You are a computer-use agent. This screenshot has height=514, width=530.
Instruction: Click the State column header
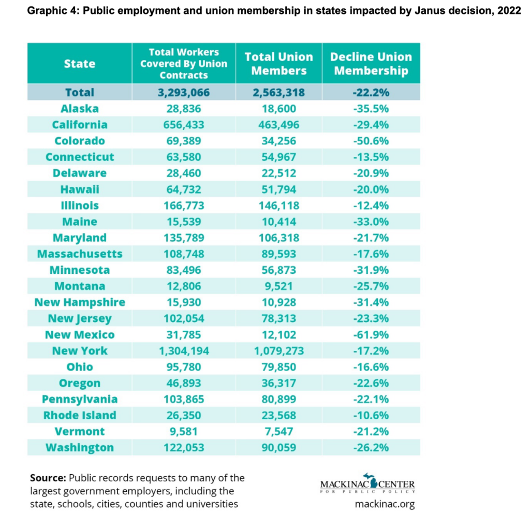click(80, 64)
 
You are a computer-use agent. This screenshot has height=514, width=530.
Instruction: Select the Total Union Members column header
click(278, 64)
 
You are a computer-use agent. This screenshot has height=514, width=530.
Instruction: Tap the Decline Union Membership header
click(371, 64)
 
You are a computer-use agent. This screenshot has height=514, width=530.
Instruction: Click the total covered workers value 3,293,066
click(184, 93)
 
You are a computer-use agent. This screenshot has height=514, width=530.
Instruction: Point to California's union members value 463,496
click(278, 125)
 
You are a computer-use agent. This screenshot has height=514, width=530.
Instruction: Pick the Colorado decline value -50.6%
click(371, 141)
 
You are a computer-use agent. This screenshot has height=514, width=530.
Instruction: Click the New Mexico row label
click(80, 334)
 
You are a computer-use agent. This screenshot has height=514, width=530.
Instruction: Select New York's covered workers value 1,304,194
click(184, 351)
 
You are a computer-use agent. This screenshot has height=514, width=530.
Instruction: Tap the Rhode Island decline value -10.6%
click(371, 415)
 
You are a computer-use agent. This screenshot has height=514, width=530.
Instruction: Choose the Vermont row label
click(80, 431)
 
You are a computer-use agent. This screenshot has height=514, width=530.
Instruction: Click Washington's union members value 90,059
click(278, 448)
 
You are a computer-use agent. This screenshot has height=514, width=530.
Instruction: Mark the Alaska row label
click(80, 109)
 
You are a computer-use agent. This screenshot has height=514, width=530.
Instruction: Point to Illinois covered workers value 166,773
click(184, 205)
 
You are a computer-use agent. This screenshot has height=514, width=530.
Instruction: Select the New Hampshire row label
click(80, 302)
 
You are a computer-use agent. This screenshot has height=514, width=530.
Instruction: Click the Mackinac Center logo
click(367, 484)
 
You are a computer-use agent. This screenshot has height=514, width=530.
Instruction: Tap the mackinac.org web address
click(385, 504)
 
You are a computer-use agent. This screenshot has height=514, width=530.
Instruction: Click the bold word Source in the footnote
click(48, 478)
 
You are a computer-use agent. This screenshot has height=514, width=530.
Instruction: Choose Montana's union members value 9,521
click(278, 286)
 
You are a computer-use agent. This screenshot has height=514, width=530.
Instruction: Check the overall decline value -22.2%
click(371, 93)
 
